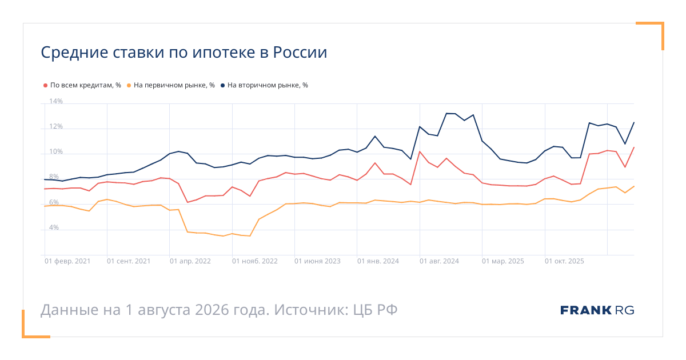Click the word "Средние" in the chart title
coord(74,53)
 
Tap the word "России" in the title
coord(300,53)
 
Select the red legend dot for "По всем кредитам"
coord(45,85)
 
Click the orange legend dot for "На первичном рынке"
coord(129,85)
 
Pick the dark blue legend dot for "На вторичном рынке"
coord(222,85)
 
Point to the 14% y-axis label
coord(56,101)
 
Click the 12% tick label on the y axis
coord(56,126)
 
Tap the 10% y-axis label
coord(56,151)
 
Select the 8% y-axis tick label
coord(54,177)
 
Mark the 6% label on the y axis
coord(54,202)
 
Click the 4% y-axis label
coord(54,227)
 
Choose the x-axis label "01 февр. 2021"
coord(67,261)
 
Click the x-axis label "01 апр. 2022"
coord(190,261)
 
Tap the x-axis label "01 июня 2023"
coord(317,261)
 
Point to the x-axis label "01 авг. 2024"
coord(439,261)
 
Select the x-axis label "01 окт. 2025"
coord(564,261)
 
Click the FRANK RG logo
coord(597,310)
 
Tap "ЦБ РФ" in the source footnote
coord(375,310)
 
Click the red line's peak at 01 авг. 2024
coord(420,151)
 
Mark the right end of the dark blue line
coord(634,122)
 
